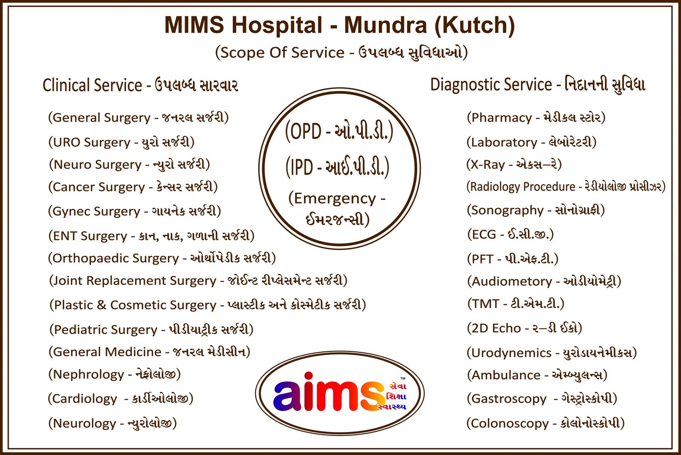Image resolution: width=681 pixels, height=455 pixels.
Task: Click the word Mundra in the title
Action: point(386,25)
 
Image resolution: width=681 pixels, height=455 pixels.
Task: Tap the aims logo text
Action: point(328,392)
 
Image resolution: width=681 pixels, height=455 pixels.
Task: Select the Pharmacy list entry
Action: point(536,117)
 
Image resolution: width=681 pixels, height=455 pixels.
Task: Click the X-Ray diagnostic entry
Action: point(514,164)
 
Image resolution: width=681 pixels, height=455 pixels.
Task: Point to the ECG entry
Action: point(510,235)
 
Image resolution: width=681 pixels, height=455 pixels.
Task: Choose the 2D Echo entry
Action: point(524,328)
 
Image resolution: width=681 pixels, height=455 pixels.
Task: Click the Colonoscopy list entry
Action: point(545,423)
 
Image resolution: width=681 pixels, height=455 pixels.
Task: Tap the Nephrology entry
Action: point(114,374)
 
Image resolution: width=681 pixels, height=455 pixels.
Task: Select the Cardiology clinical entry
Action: point(120,398)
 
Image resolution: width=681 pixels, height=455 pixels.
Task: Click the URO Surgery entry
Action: point(121,142)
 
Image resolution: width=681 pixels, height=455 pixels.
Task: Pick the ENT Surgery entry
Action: point(151,235)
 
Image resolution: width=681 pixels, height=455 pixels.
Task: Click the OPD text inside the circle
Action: point(339,131)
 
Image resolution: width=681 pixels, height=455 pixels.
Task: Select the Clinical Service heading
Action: point(140,85)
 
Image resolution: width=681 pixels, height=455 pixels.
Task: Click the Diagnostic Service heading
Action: point(538,85)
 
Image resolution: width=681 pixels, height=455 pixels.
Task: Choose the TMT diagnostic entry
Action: point(515,303)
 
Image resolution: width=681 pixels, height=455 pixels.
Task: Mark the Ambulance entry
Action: point(537,375)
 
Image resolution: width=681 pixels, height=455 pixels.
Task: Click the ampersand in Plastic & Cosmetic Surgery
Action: point(102,305)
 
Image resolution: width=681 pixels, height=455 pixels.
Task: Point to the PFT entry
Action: point(512,259)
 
